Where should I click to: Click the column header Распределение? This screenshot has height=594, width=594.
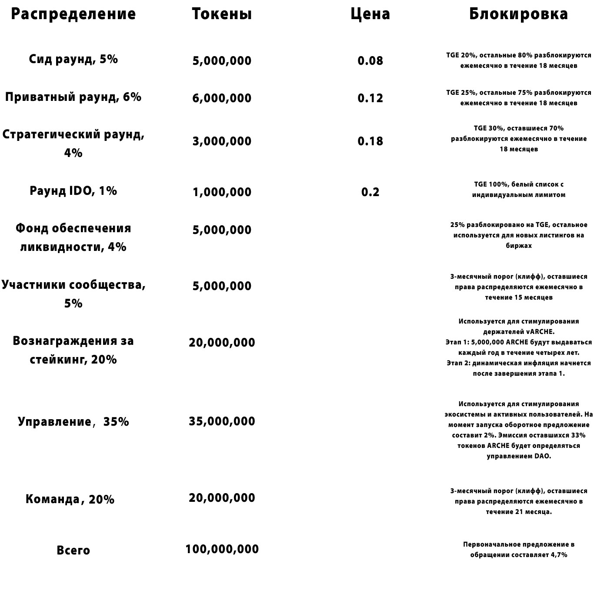coord(73,14)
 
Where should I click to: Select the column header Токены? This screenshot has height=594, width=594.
coord(222,14)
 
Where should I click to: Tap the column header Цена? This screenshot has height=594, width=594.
coord(370,14)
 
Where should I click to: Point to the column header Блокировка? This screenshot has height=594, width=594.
coord(518,14)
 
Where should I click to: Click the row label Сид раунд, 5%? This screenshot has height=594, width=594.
coord(73,59)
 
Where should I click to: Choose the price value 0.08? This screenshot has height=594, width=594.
coord(370,60)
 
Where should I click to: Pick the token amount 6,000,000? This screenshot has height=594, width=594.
coord(222,98)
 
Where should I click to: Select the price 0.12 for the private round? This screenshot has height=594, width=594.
coord(370,98)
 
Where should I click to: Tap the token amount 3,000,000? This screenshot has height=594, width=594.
coord(222,141)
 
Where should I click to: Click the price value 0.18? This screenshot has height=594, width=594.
coord(370,141)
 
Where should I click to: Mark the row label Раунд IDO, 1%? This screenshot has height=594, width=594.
coord(73,191)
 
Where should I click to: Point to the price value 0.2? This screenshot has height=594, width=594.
coord(370,192)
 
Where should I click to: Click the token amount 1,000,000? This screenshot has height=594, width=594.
coord(222,192)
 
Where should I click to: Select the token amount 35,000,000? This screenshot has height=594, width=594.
coord(222,421)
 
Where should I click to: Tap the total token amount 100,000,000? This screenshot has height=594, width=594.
coord(222,549)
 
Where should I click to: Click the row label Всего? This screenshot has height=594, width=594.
coord(73,551)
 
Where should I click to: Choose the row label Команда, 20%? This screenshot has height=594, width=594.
coord(70,499)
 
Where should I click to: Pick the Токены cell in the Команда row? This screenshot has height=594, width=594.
coord(222,498)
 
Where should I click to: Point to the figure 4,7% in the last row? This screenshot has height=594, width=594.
coord(559,555)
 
